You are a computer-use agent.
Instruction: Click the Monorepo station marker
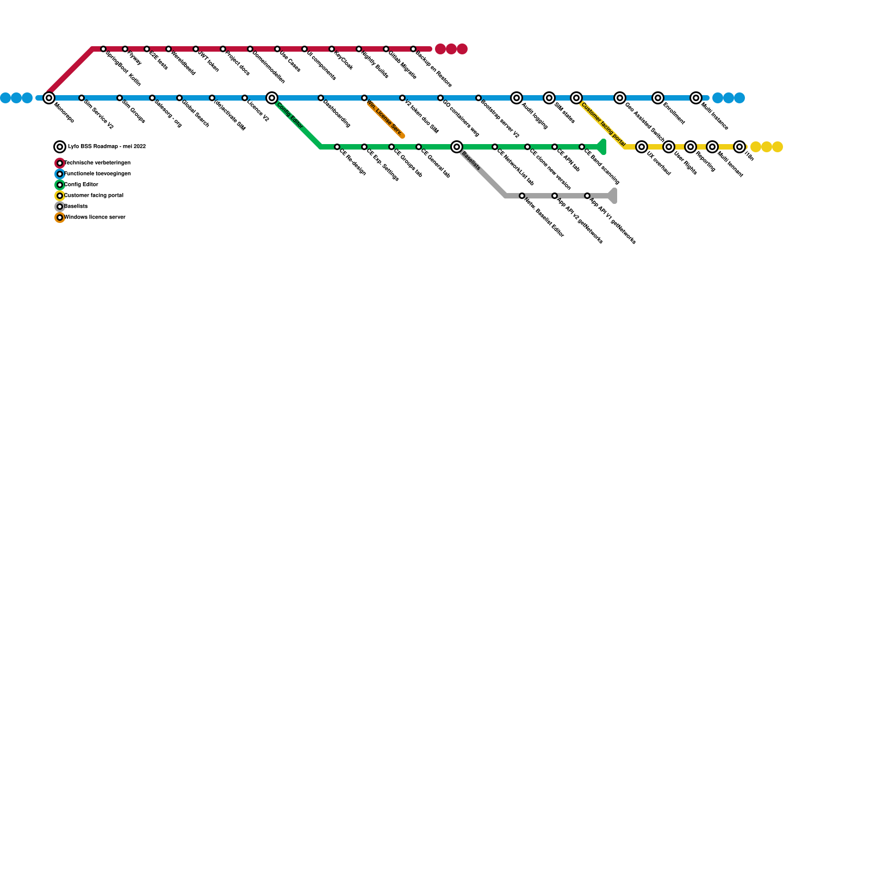point(49,98)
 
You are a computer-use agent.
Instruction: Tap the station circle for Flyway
point(125,49)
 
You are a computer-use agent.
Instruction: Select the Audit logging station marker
point(517,98)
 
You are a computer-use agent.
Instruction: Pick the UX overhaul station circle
point(642,147)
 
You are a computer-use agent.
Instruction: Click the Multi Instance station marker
point(696,98)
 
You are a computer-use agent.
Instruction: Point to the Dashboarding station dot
point(321,98)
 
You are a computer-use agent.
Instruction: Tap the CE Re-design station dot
point(337,147)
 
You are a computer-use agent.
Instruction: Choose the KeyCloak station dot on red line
point(332,49)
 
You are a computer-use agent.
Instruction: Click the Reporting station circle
point(691,147)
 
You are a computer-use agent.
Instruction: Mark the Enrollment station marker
point(658,98)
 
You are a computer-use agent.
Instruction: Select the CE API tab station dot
point(555,147)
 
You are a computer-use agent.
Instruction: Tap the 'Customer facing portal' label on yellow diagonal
point(603,125)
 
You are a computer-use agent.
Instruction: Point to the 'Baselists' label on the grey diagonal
point(471,161)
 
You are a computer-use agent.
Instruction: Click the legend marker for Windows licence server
point(60,217)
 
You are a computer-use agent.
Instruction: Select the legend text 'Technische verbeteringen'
point(97,163)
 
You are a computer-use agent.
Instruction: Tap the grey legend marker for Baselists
point(60,207)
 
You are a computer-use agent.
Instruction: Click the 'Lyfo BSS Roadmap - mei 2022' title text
point(107,147)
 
